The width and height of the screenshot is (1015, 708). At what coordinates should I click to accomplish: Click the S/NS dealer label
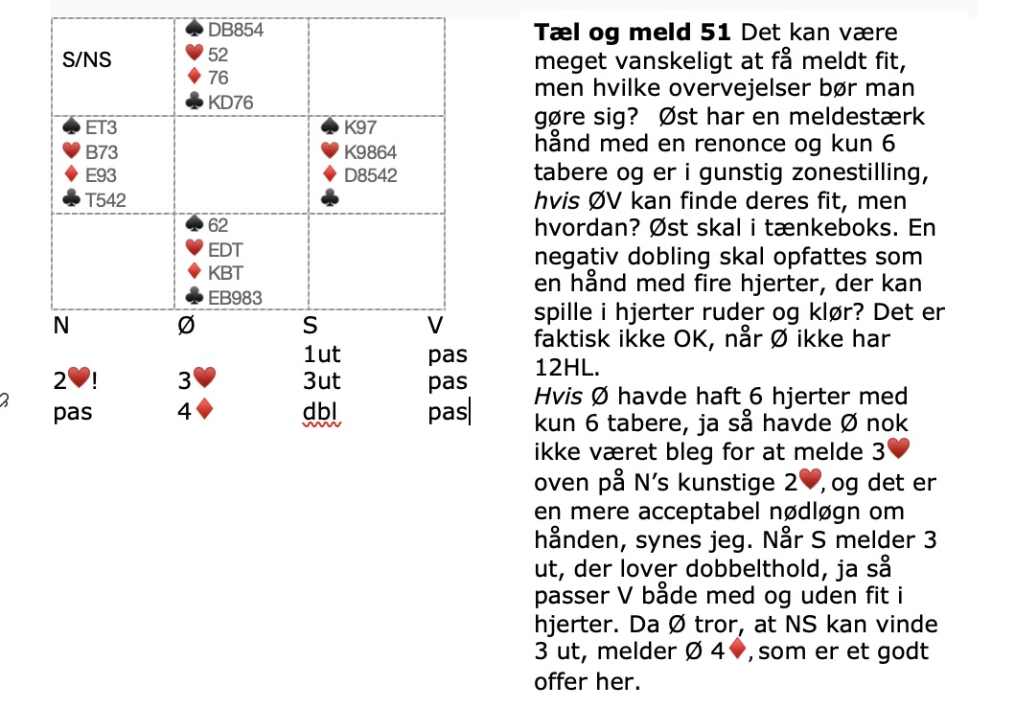86,59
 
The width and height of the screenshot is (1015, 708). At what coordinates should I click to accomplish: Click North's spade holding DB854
236,30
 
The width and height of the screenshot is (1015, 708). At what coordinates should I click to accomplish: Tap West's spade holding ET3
100,126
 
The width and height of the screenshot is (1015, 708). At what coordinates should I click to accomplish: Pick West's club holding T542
104,199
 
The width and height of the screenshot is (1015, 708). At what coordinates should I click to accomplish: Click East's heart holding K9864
369,151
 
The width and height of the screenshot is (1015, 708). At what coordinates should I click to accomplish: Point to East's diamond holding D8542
369,175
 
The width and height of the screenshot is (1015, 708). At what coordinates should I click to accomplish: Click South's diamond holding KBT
225,273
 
